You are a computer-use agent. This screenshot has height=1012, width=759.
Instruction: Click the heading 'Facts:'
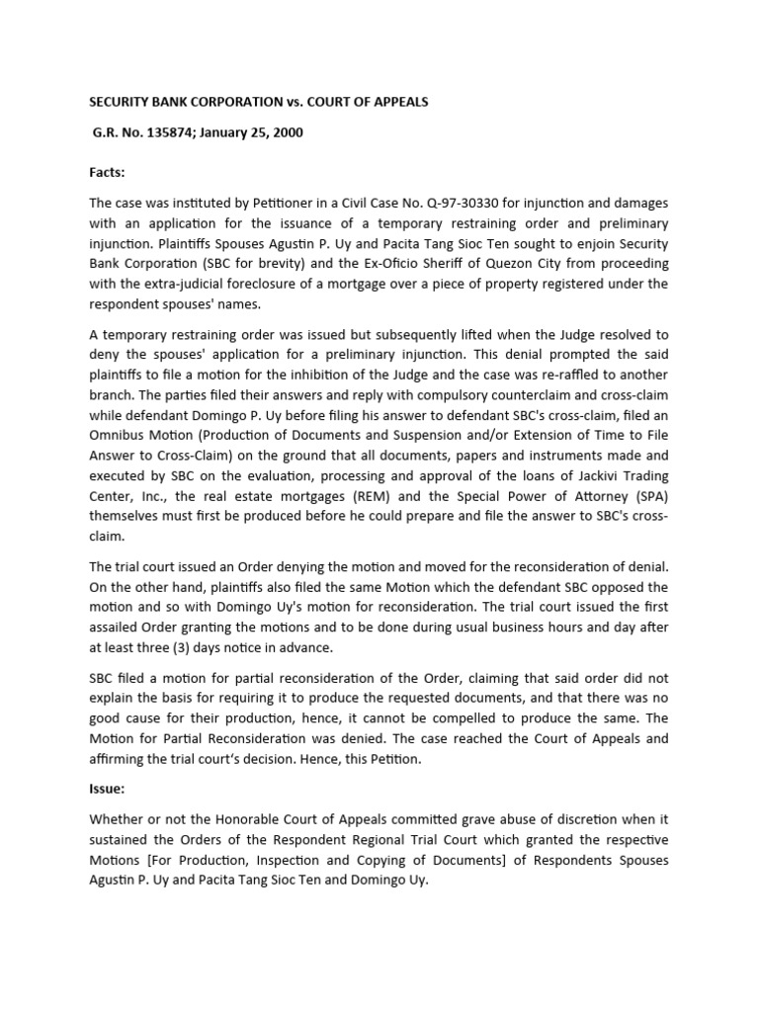[x=107, y=172]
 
